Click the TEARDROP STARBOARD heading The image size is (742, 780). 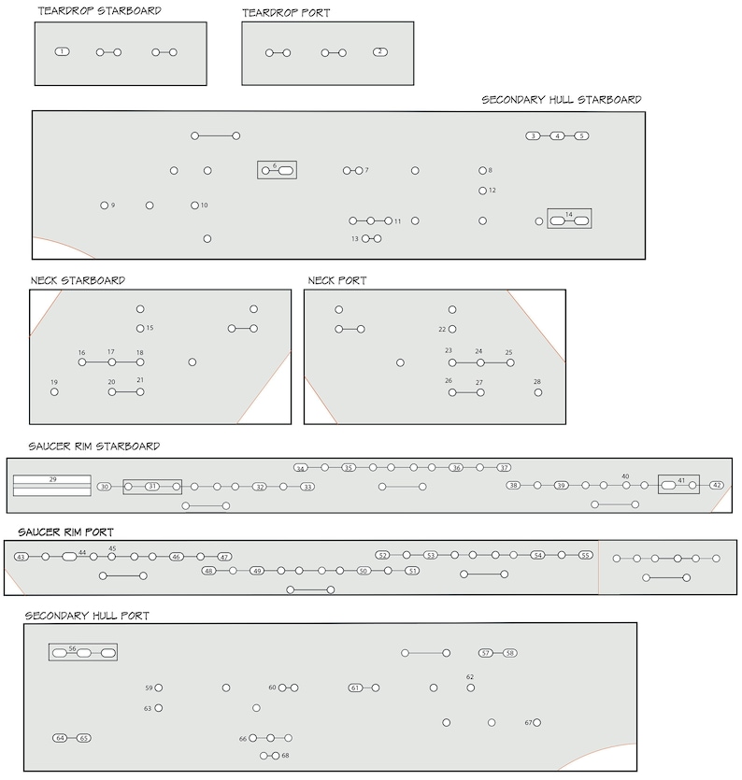point(99,11)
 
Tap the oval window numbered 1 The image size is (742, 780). point(62,51)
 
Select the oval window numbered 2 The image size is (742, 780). point(380,51)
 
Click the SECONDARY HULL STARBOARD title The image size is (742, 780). point(562,99)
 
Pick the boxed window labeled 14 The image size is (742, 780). point(569,219)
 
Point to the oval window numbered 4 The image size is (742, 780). point(557,136)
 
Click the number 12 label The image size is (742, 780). point(492,191)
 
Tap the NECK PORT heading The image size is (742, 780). point(337,280)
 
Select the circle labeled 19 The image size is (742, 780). point(54,392)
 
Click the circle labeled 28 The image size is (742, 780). point(537,392)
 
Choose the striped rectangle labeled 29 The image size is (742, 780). point(52,484)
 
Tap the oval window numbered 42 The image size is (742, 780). point(717,486)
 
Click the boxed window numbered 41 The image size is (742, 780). point(678,485)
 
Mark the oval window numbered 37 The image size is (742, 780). point(504,467)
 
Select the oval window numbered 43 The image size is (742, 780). point(21,557)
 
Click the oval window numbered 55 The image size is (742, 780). point(585,555)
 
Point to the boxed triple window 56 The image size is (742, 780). point(83,652)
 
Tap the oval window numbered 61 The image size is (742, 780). point(355,688)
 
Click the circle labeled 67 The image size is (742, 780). point(537,722)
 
